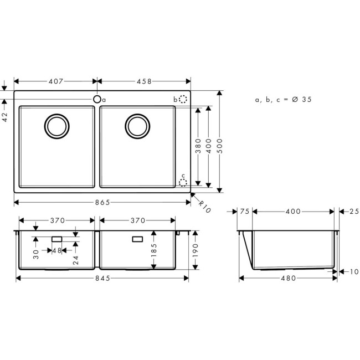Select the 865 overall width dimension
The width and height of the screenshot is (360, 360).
coord(102,203)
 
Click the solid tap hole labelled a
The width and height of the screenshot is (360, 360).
coord(97,99)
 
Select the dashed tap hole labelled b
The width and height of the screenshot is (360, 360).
coord(183,99)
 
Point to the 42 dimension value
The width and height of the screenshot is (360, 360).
coord(5,117)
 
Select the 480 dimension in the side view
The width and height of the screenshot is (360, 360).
coord(288,278)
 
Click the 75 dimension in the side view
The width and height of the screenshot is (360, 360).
coord(245,212)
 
